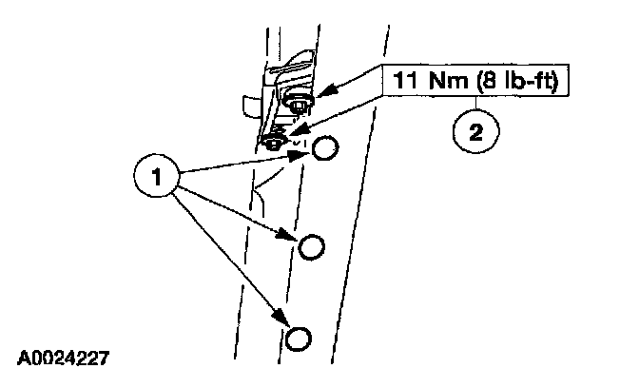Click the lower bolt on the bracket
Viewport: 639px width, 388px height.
[276, 141]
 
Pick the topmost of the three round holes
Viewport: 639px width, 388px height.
[325, 147]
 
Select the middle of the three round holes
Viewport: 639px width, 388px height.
[311, 247]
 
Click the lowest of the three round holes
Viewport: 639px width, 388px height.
[298, 339]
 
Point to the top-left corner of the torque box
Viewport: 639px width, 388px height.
[385, 66]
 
